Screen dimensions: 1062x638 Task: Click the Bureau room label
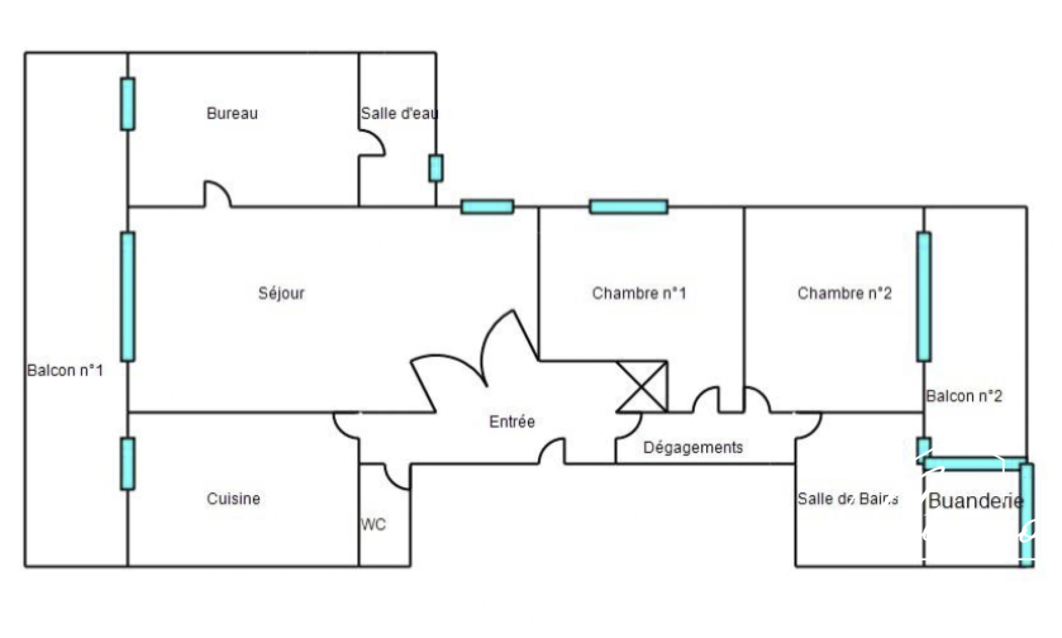pyautogui.click(x=232, y=113)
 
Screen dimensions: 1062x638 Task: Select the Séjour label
pyautogui.click(x=281, y=293)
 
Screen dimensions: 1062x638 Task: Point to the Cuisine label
pyautogui.click(x=233, y=499)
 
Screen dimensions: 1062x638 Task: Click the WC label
pyautogui.click(x=373, y=525)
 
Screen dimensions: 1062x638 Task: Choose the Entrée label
pyautogui.click(x=512, y=422)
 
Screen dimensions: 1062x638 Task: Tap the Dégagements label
pyautogui.click(x=693, y=448)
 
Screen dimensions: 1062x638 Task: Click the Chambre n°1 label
pyautogui.click(x=639, y=293)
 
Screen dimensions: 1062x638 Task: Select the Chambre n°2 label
pyautogui.click(x=845, y=293)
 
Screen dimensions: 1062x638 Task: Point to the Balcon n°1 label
pyautogui.click(x=65, y=370)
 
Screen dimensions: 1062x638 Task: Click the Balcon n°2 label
pyautogui.click(x=964, y=396)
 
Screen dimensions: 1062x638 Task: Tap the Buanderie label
pyautogui.click(x=976, y=501)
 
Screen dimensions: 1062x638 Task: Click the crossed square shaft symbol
pyautogui.click(x=642, y=386)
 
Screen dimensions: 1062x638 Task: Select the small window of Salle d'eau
pyautogui.click(x=436, y=168)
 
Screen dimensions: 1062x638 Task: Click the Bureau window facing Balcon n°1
pyautogui.click(x=128, y=104)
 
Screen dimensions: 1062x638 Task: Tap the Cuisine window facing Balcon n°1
pyautogui.click(x=128, y=464)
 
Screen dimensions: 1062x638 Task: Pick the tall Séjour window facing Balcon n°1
pyautogui.click(x=128, y=297)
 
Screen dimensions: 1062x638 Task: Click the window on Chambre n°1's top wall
pyautogui.click(x=629, y=207)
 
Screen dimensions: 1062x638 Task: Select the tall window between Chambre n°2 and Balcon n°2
pyautogui.click(x=924, y=297)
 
